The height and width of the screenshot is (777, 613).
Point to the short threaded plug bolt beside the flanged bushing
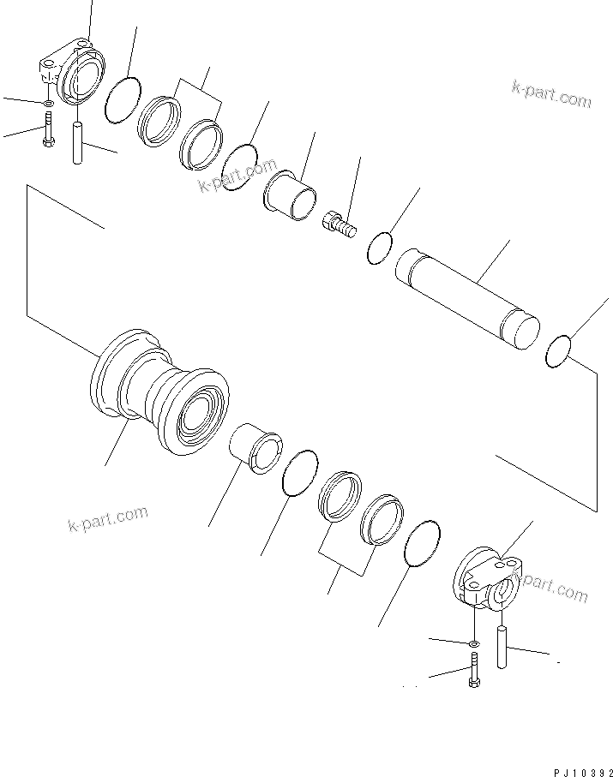click(340, 225)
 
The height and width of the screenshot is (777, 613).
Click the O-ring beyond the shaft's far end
click(559, 350)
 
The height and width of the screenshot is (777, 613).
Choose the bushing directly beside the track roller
click(256, 445)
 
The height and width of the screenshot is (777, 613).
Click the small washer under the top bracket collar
click(48, 104)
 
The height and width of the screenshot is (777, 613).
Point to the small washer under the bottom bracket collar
click(473, 642)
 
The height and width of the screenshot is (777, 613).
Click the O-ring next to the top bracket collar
click(123, 99)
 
